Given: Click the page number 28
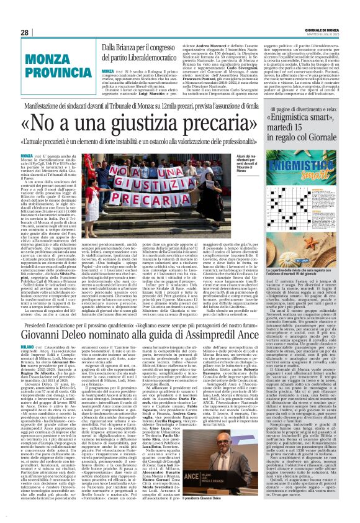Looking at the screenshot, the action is click(25, 32).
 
